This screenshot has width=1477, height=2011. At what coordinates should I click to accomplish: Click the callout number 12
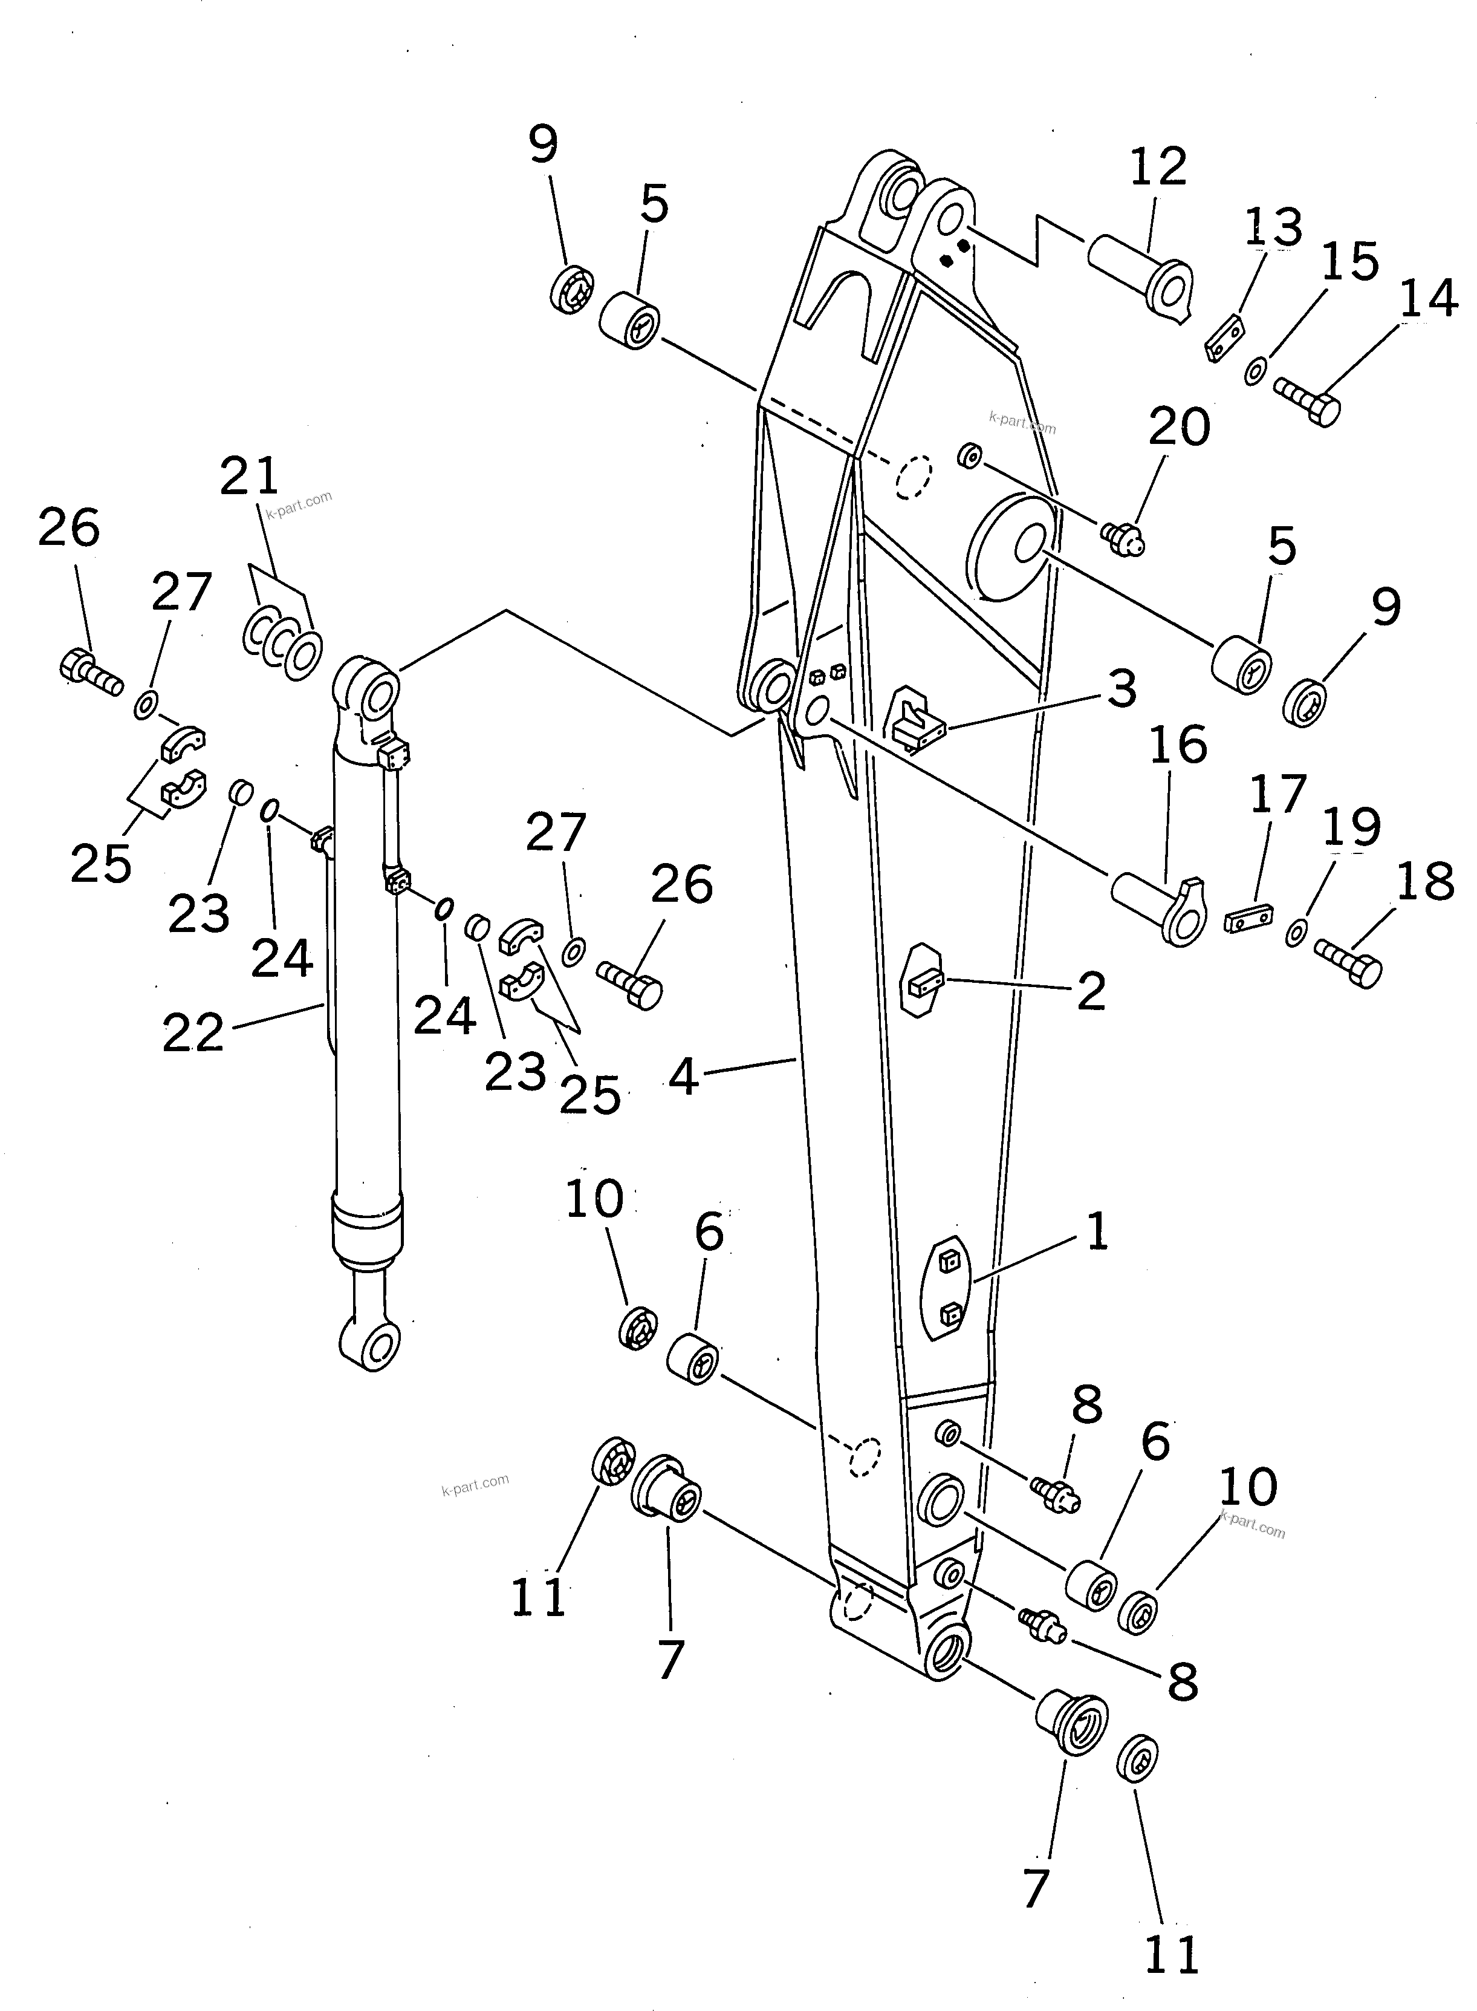tap(1158, 167)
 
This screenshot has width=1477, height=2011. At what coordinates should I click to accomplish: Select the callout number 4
tap(683, 1078)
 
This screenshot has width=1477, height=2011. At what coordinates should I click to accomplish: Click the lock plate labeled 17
tap(1248, 919)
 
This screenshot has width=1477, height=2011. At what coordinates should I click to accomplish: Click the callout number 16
tap(1178, 745)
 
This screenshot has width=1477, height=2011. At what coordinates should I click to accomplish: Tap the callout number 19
tap(1352, 827)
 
